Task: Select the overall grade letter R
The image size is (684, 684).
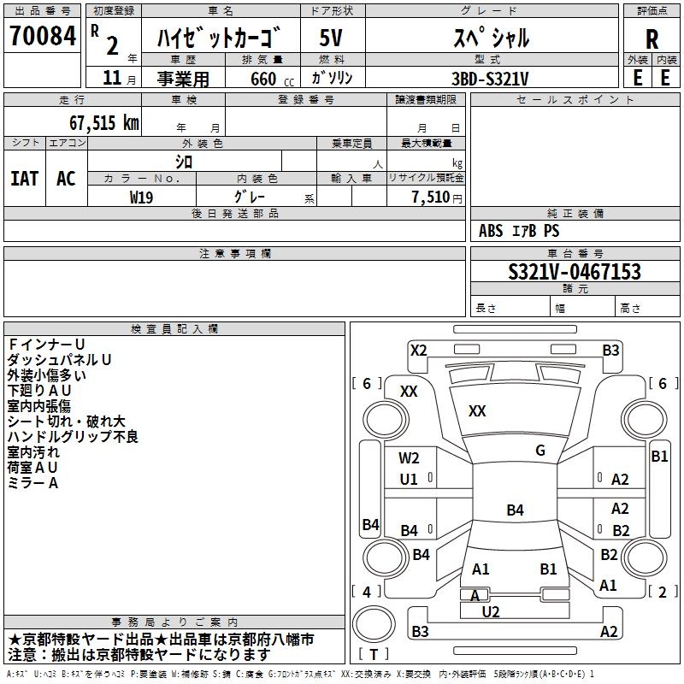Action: (x=652, y=39)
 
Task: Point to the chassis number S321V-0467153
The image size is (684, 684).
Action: (x=574, y=272)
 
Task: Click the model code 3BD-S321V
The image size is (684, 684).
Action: (x=489, y=78)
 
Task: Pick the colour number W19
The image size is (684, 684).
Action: (x=141, y=197)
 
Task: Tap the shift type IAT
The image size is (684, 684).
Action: (x=24, y=178)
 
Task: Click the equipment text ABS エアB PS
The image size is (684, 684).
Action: (x=519, y=231)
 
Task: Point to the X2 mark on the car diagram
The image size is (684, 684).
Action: (x=418, y=350)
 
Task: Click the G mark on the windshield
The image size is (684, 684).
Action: (x=540, y=451)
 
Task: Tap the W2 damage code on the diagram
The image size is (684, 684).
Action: (x=409, y=458)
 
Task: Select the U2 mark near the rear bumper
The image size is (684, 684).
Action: (x=491, y=610)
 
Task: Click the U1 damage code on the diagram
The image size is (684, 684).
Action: (x=409, y=480)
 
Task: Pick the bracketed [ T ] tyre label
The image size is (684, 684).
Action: (x=374, y=655)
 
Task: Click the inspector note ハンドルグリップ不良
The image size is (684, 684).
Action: (x=73, y=437)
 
